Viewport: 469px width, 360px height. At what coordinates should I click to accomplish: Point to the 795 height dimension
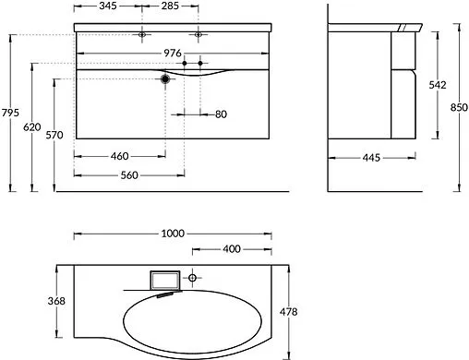11,113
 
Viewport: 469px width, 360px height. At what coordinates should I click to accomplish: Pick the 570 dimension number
55,136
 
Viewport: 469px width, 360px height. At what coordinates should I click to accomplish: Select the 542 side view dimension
438,85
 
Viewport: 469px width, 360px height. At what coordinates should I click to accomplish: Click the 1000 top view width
173,233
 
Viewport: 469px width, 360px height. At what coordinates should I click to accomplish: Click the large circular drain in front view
166,80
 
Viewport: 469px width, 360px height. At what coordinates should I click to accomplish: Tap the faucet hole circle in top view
193,277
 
